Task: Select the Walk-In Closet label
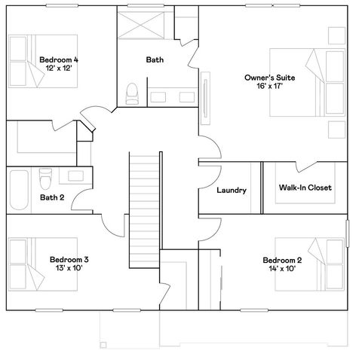[305, 188]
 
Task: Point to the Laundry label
[231, 191]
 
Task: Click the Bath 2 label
[51, 198]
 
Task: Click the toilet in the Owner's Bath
[133, 93]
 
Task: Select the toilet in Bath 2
[45, 179]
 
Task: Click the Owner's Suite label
[269, 78]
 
